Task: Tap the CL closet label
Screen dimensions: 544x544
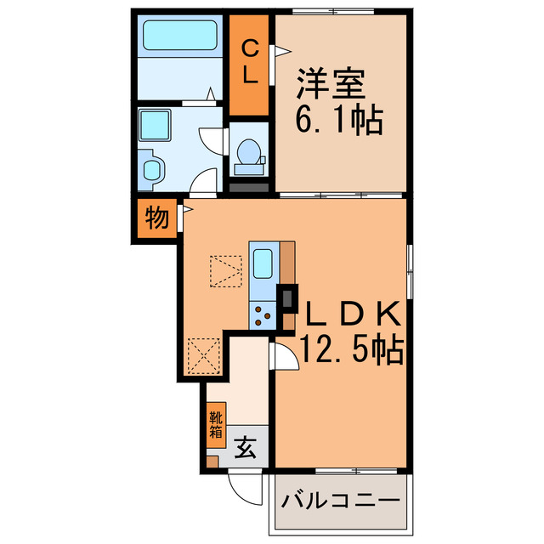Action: (x=250, y=61)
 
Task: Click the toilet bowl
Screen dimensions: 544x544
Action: (x=248, y=153)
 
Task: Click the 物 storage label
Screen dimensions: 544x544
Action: (x=155, y=218)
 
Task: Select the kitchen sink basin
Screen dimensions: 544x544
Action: (x=263, y=263)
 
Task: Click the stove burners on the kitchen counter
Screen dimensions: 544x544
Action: (x=262, y=315)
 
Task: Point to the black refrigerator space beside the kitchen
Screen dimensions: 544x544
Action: (x=289, y=297)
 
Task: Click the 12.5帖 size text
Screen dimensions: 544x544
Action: (x=351, y=350)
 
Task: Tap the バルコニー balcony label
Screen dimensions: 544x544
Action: (x=341, y=500)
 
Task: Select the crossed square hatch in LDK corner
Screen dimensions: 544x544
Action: (x=203, y=356)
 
